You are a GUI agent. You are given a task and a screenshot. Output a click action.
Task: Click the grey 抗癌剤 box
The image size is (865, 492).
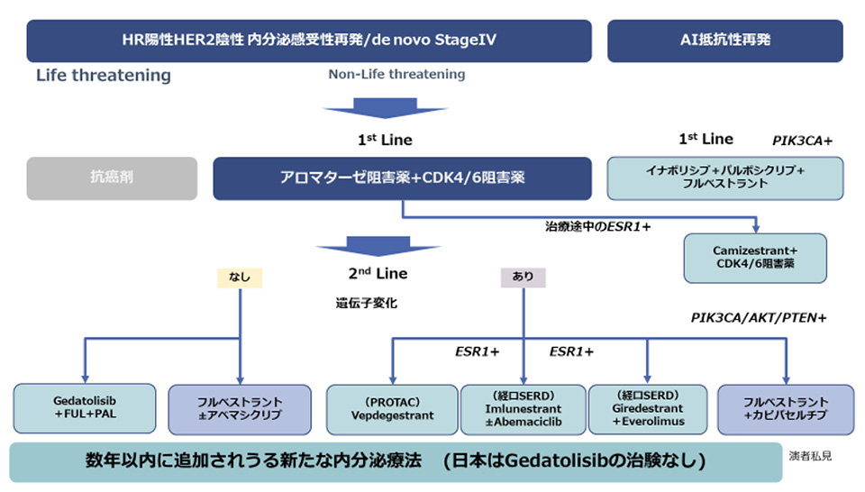(112, 178)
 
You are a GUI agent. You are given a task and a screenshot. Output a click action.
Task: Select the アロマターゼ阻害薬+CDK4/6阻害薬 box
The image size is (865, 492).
(402, 178)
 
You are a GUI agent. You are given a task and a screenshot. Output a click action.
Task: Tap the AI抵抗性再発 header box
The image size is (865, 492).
(725, 41)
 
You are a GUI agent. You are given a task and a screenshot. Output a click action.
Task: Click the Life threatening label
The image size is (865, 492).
(104, 75)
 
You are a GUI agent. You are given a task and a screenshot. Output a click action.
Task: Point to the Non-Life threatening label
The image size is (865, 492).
(396, 74)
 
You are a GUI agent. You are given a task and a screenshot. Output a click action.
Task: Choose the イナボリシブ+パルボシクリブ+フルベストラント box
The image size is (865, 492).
(725, 178)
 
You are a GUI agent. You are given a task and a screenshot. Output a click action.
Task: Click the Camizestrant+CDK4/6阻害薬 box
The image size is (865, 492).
(756, 257)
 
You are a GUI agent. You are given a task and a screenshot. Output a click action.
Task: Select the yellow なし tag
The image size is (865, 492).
(240, 278)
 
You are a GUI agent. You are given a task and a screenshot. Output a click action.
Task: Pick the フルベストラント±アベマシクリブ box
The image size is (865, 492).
(239, 409)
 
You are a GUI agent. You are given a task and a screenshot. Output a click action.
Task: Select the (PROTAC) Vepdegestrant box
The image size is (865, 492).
(390, 409)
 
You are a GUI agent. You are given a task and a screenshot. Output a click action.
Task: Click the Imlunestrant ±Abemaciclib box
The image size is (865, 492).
(523, 409)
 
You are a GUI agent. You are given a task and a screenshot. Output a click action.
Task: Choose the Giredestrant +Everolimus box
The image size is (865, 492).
(646, 409)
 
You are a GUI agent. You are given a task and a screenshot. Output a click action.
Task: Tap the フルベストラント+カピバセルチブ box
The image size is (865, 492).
(785, 409)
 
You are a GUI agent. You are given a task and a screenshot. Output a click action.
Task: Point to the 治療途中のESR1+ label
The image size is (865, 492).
(597, 226)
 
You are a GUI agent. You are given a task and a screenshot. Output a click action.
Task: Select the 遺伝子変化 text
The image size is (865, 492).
(366, 304)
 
